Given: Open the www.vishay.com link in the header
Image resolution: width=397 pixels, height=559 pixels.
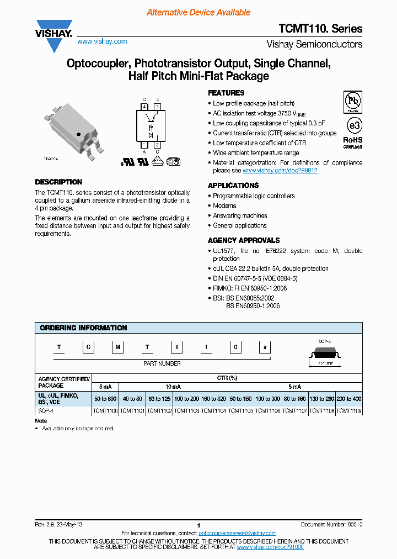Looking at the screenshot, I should point(102,41).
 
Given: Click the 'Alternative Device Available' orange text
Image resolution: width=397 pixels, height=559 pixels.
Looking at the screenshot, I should point(198,12).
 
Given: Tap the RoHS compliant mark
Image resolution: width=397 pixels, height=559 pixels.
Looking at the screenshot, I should point(353,143).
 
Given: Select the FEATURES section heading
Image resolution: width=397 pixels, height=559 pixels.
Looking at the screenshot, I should point(226,93).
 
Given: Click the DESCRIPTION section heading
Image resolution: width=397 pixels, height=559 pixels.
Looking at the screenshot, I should point(58,182).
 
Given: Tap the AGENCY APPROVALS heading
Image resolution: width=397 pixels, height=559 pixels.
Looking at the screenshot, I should point(244,240).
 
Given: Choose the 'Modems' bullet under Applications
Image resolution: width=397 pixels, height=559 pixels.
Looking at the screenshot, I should point(224,205).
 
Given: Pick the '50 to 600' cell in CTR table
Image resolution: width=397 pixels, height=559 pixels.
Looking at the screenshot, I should point(105,399).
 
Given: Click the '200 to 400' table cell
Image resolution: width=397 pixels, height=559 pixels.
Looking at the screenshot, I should point(349,399).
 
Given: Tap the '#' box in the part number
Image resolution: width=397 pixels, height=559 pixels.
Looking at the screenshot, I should point(266,347).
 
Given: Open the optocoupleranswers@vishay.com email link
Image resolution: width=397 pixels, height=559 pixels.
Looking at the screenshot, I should point(237,533).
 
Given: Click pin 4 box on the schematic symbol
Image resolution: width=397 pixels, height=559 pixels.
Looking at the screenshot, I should point(144,106).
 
